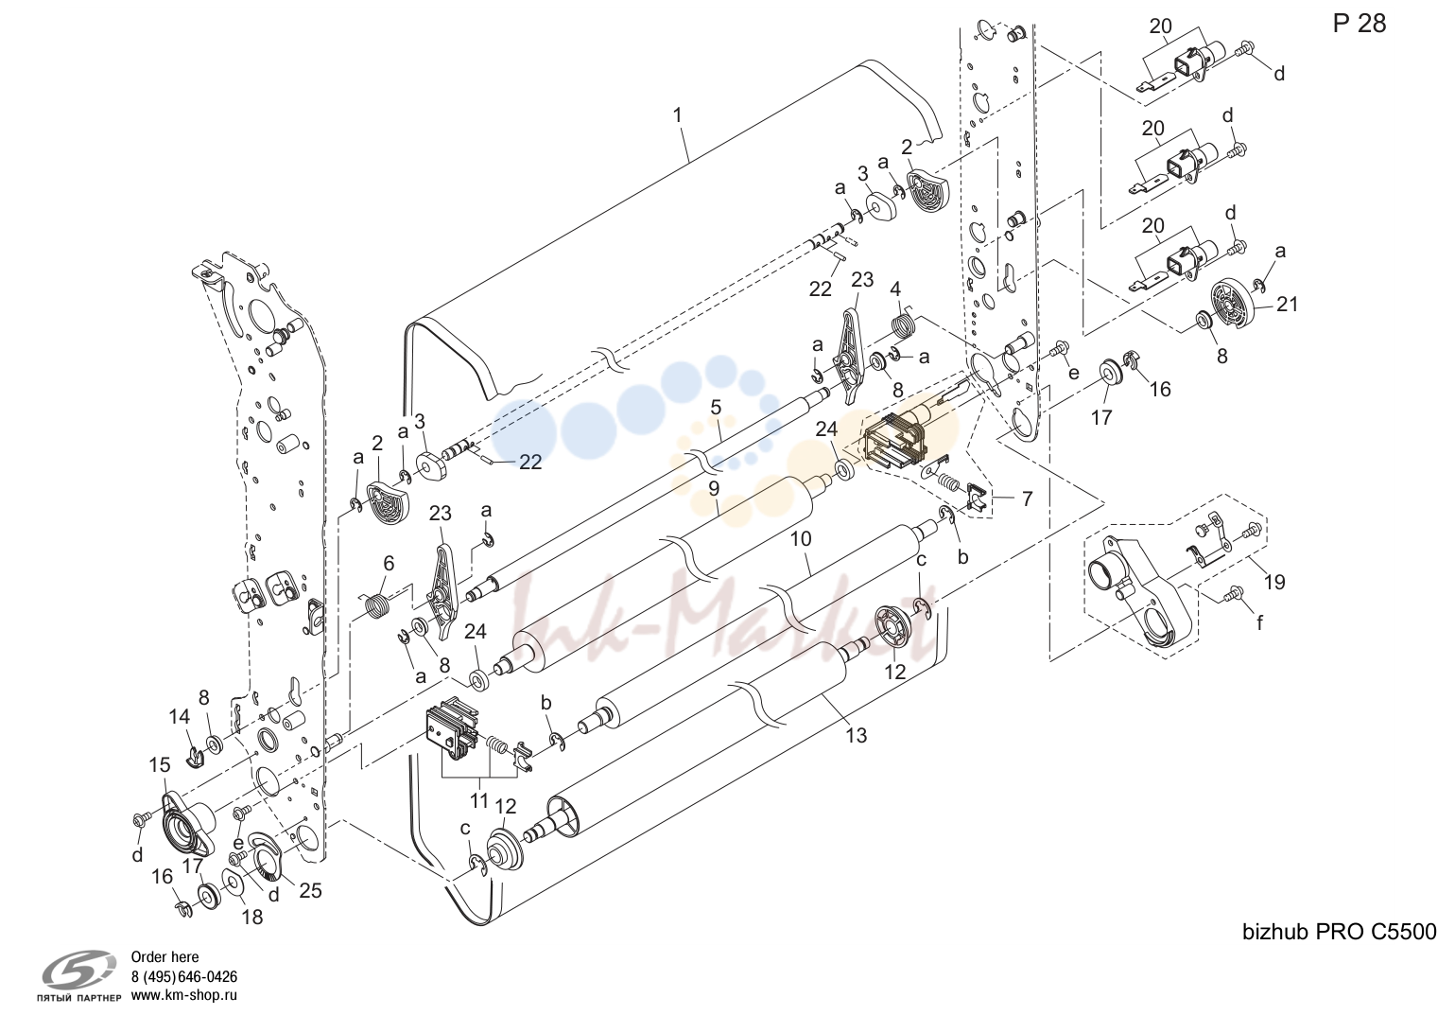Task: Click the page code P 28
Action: click(1360, 24)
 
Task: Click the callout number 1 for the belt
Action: click(678, 115)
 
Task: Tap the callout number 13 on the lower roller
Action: click(857, 735)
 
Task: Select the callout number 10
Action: click(801, 538)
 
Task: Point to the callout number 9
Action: click(713, 488)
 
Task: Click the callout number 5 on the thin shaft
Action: click(716, 408)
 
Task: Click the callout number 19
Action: click(1275, 582)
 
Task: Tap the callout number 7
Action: click(1027, 499)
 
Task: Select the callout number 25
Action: click(310, 890)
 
